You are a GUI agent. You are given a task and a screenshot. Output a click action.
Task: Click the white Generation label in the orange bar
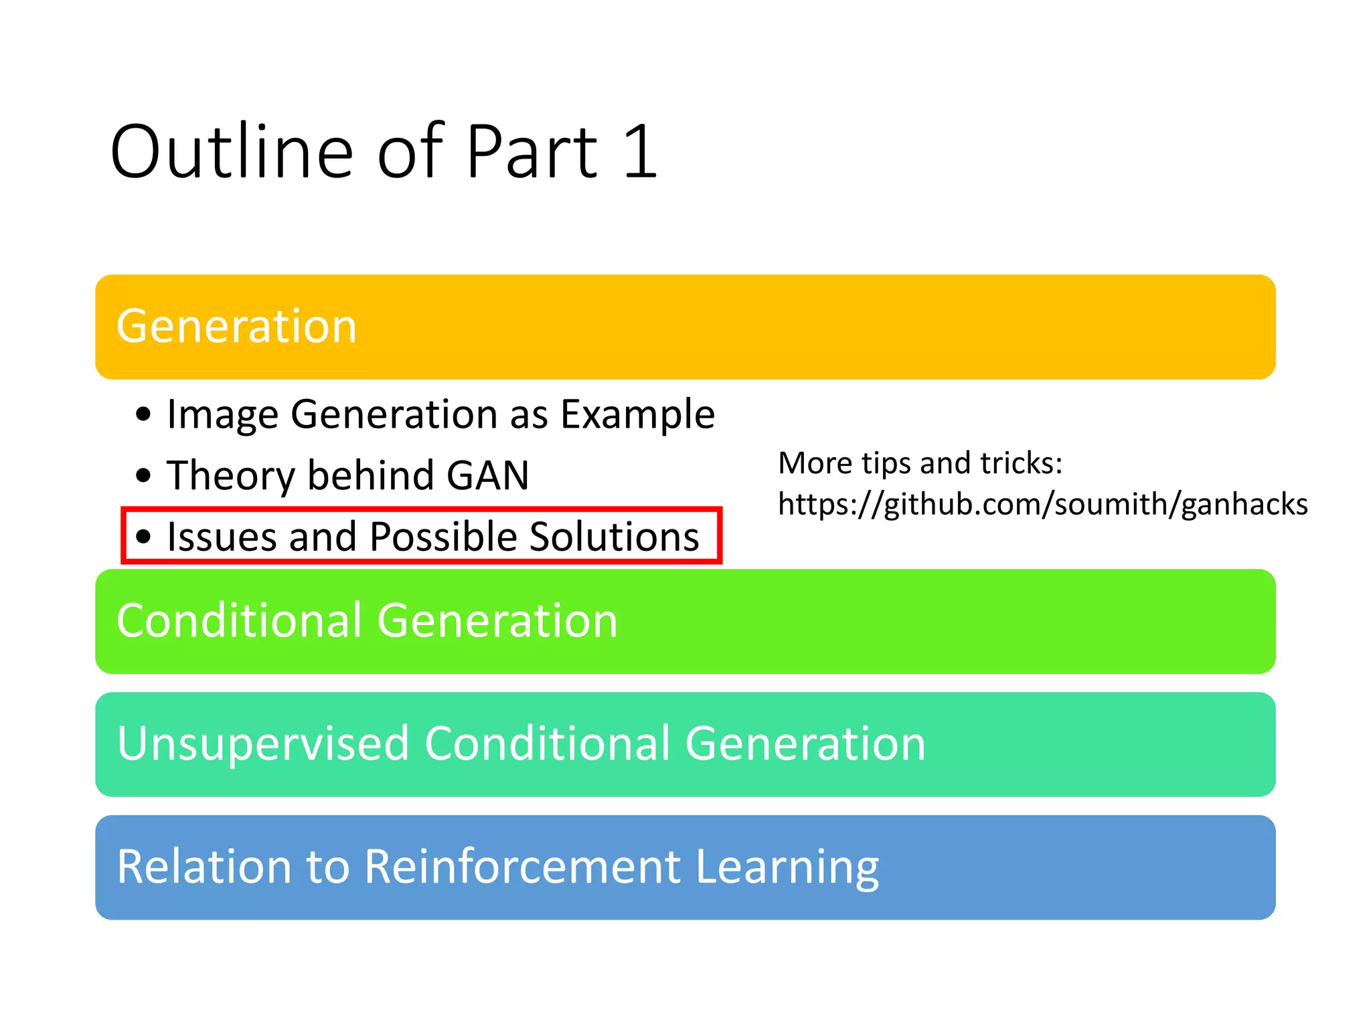pos(236,327)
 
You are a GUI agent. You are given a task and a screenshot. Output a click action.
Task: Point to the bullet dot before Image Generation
pos(143,414)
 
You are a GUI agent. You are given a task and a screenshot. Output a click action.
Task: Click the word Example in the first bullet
pos(637,414)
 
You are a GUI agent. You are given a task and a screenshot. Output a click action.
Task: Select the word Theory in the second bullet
pos(231,476)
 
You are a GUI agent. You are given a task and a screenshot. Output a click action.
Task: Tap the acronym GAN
pos(487,476)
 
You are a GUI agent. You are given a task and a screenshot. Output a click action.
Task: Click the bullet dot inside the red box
pos(143,536)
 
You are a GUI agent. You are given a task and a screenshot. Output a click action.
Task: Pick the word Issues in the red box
pos(222,537)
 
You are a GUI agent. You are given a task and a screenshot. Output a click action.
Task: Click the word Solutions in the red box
pos(614,537)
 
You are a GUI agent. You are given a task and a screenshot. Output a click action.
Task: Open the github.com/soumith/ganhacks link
pos(1042,504)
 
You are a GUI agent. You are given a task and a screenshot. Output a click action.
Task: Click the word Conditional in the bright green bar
pos(239,620)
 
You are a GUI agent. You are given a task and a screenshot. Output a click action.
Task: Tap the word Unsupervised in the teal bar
pos(262,744)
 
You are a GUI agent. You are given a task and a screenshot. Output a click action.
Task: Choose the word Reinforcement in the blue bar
pos(523,867)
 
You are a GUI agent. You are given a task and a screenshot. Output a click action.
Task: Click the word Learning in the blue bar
pos(787,867)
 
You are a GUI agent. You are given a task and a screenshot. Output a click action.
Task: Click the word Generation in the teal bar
pos(805,744)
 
